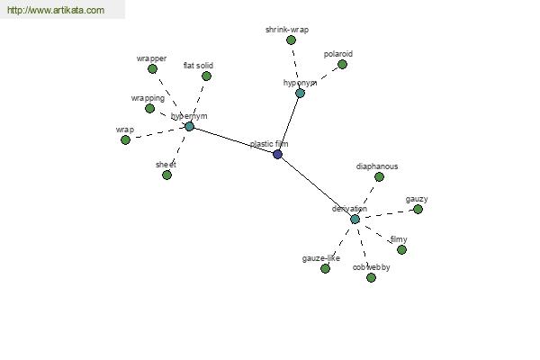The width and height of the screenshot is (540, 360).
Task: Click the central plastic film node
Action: click(x=277, y=154)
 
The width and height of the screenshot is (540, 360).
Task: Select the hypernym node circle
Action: click(x=189, y=126)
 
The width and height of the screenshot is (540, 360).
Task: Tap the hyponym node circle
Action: click(x=300, y=93)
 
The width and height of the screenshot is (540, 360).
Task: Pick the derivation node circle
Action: click(x=355, y=219)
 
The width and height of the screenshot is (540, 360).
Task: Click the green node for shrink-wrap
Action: click(x=291, y=40)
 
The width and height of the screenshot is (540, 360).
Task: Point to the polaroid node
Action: click(x=342, y=64)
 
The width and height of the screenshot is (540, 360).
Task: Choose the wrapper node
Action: click(x=152, y=68)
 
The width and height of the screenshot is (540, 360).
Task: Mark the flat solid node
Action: click(x=206, y=76)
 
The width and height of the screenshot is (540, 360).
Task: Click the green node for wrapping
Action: click(x=150, y=108)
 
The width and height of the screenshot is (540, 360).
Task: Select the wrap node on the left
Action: click(x=125, y=139)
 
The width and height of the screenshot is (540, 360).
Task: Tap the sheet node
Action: click(x=166, y=175)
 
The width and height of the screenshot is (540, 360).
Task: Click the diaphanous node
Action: click(x=379, y=176)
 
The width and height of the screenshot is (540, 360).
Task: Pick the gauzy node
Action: click(x=418, y=209)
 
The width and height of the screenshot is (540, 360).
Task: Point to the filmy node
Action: click(x=401, y=249)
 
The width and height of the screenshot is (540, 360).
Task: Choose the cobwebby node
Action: click(x=371, y=277)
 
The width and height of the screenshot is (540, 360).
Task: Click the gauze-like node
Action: click(x=325, y=268)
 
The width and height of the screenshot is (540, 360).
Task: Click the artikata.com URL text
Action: click(x=56, y=11)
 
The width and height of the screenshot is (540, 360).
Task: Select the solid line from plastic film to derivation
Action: click(x=316, y=186)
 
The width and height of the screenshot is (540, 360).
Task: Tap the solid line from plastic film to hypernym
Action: click(x=233, y=140)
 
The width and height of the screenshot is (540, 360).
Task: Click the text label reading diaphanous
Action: click(x=376, y=166)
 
